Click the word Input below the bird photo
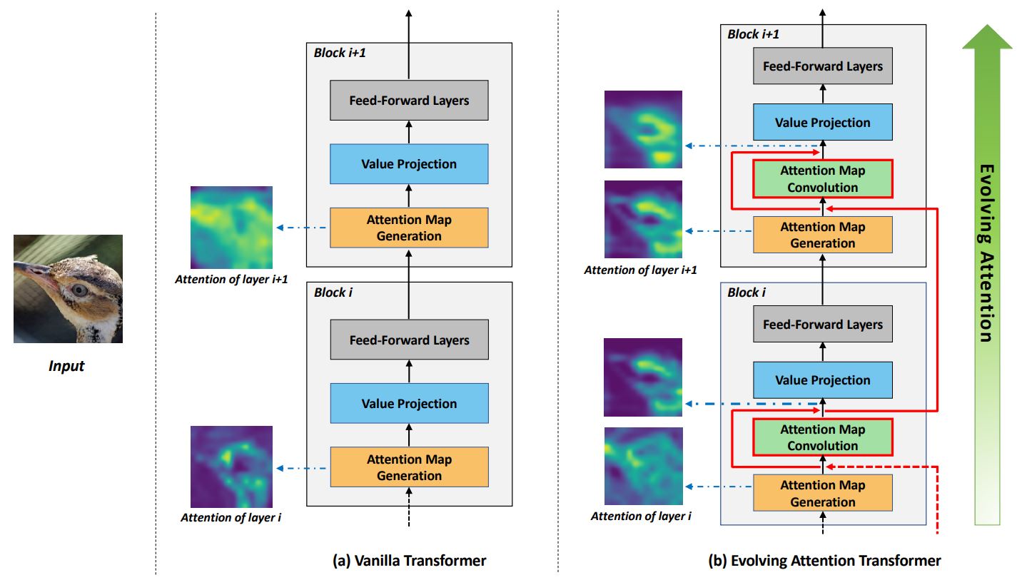pos(66,366)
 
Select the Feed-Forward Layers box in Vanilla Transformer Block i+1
pos(409,101)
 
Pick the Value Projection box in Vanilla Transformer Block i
pos(409,404)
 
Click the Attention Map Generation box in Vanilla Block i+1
pos(409,228)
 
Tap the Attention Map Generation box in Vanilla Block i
pos(409,467)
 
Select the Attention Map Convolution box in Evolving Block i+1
pos(823,179)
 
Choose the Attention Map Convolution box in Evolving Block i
pos(823,438)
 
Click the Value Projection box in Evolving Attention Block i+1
pos(823,123)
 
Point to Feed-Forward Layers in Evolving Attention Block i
pos(823,325)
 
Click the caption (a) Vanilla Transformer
pos(409,561)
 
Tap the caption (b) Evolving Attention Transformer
pos(824,561)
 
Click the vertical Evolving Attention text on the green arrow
pos(986,253)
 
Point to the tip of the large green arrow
pos(987,26)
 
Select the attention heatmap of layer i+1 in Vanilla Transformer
pos(231,227)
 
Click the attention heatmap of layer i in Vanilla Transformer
pos(231,467)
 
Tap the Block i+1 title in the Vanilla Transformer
pos(341,53)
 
